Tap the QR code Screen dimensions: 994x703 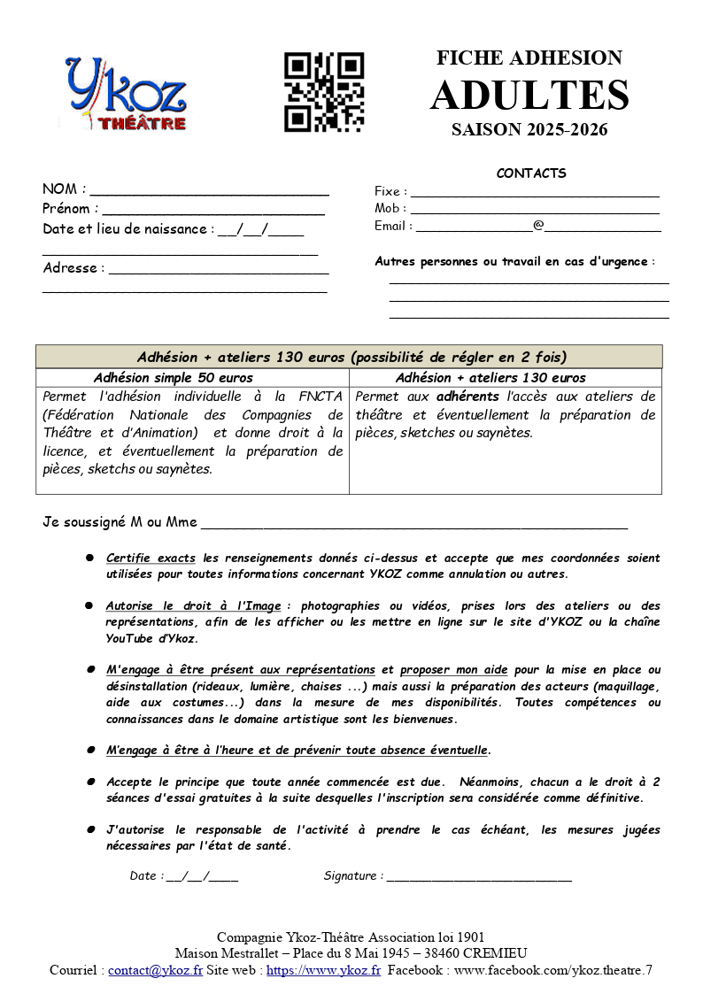pyautogui.click(x=324, y=93)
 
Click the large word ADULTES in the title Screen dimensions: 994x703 pyautogui.click(x=529, y=96)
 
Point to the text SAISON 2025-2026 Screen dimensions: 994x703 pyautogui.click(x=529, y=130)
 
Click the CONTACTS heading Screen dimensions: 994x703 pyautogui.click(x=531, y=173)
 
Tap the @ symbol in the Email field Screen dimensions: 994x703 pyautogui.click(x=538, y=226)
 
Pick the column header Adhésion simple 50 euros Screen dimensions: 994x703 pyautogui.click(x=174, y=378)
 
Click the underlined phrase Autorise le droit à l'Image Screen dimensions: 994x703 pyautogui.click(x=193, y=606)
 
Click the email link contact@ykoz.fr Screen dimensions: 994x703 pyautogui.click(x=155, y=970)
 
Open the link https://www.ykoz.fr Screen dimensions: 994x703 pyautogui.click(x=323, y=970)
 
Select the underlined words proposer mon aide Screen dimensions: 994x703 pyautogui.click(x=453, y=670)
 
